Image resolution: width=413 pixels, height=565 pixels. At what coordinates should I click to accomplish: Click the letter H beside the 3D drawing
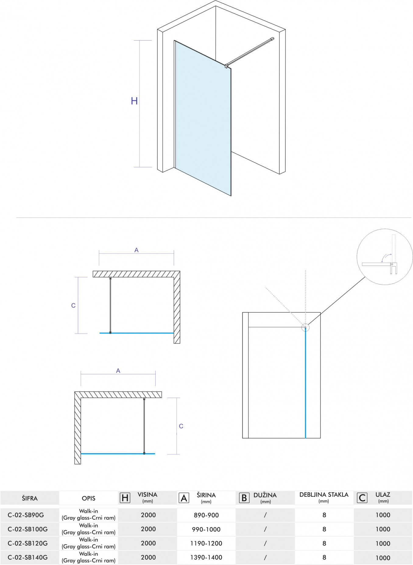tap(134, 101)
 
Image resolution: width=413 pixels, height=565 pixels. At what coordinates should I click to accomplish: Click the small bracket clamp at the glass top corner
tap(226, 66)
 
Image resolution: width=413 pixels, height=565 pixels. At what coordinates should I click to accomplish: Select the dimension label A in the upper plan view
tap(136, 250)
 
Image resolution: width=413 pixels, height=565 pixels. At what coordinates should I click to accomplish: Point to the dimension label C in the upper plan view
tap(73, 305)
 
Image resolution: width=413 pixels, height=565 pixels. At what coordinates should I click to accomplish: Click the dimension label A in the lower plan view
tap(118, 371)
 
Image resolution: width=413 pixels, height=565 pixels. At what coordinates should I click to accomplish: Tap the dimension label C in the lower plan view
tap(181, 426)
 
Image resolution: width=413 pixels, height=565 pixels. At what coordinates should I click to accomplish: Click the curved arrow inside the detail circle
tap(387, 258)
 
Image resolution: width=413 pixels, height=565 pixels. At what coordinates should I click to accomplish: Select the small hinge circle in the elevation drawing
tap(305, 328)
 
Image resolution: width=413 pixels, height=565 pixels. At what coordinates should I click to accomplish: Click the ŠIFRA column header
tap(30, 498)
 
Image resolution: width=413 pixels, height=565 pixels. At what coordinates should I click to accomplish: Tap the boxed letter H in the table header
tap(125, 498)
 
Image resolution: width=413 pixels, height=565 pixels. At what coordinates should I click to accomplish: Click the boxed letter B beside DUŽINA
tap(244, 498)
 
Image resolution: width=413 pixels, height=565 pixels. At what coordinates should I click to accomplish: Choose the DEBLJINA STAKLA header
tap(324, 495)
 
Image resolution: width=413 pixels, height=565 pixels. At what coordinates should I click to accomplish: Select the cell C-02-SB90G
tap(26, 515)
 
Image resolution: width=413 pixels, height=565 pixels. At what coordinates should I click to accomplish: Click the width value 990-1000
tap(206, 529)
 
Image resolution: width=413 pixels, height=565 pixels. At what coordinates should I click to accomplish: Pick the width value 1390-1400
tap(206, 557)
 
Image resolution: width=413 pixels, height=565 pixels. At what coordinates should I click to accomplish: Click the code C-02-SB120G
tap(28, 543)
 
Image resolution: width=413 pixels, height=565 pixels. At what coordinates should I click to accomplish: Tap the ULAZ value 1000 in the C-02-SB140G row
tap(383, 558)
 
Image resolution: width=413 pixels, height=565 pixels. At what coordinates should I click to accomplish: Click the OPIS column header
tap(89, 498)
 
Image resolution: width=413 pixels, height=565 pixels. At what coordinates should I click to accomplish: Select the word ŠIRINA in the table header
tap(206, 495)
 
